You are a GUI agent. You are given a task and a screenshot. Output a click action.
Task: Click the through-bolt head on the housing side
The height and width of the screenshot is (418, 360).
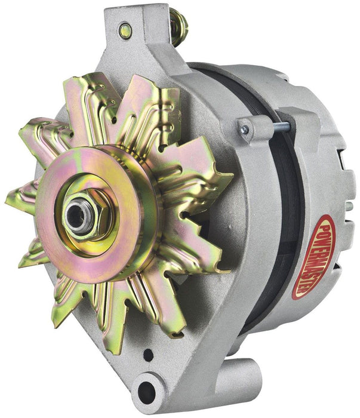[244, 129]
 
